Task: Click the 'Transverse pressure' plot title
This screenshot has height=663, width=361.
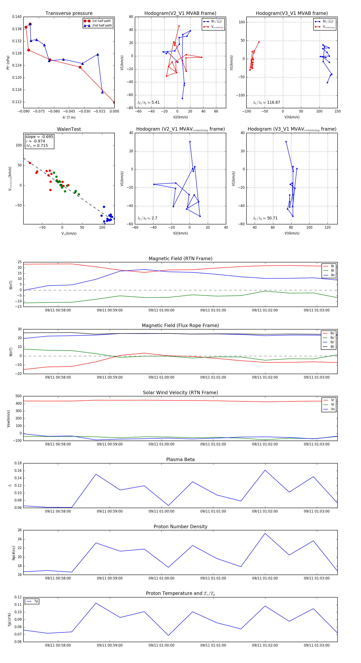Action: [x=69, y=13]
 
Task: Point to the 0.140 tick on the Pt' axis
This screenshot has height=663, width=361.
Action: [x=17, y=17]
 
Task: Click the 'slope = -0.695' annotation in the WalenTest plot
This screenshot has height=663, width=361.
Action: [x=39, y=137]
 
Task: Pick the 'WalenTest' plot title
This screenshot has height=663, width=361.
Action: [x=69, y=129]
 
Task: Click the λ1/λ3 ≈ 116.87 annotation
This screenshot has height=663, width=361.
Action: [x=267, y=102]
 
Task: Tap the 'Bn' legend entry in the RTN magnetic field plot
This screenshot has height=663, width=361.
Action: [x=333, y=275]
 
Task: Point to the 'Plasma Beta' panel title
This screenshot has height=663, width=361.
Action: [x=180, y=460]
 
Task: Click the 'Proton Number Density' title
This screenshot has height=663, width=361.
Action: [x=180, y=527]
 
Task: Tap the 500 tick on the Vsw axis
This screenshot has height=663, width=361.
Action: [x=18, y=396]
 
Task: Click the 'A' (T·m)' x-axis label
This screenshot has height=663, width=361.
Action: [x=69, y=118]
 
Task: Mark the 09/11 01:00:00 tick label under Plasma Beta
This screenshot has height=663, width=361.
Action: [x=161, y=511]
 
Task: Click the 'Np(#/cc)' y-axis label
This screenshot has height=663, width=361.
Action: [x=14, y=553]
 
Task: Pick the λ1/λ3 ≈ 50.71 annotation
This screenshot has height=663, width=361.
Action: [x=265, y=218]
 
